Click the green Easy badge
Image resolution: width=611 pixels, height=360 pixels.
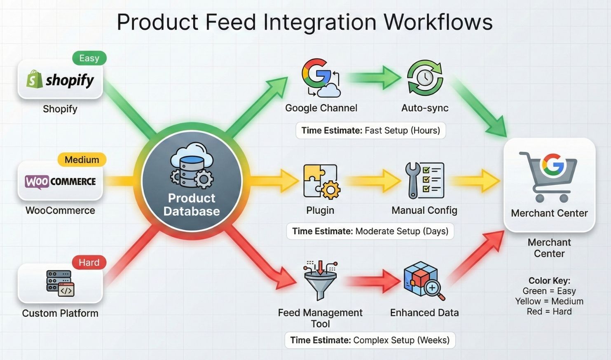[89, 58]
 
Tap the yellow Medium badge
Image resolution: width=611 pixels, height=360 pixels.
[82, 160]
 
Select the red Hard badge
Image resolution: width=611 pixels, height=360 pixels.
[89, 262]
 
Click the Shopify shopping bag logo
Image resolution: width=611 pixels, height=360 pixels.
[35, 79]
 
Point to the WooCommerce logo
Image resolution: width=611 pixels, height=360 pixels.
[60, 182]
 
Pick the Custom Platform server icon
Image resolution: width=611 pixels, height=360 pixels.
[60, 283]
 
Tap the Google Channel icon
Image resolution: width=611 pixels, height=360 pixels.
[321, 78]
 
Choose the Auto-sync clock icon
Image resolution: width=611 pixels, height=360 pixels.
[425, 78]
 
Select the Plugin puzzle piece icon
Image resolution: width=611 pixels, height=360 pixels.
[321, 181]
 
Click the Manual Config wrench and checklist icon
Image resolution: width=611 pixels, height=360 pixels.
[424, 180]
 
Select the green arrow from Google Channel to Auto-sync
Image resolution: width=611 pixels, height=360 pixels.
[373, 77]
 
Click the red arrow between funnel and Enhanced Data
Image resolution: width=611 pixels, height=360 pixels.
[373, 281]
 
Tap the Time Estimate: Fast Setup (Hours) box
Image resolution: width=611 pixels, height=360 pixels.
[370, 131]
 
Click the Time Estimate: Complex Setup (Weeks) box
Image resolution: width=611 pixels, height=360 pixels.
[370, 340]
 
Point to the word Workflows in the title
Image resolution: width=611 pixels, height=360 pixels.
[438, 22]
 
